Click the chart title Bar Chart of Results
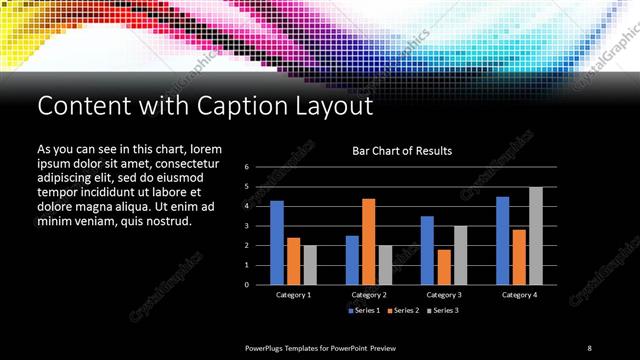click(x=402, y=151)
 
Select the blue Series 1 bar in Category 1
click(x=277, y=243)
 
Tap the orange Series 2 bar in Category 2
click(x=369, y=242)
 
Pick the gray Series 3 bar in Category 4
click(x=536, y=236)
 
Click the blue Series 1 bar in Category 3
click(x=427, y=251)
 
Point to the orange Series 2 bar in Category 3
click(x=444, y=267)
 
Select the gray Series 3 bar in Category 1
click(x=310, y=265)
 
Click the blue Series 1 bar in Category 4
click(x=503, y=241)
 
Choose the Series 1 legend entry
click(x=364, y=311)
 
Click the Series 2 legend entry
click(x=403, y=311)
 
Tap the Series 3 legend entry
click(x=442, y=311)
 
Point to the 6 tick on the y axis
click(x=246, y=167)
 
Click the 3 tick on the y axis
click(x=246, y=226)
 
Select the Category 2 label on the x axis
click(x=369, y=295)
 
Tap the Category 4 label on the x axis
click(x=519, y=295)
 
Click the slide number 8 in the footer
click(x=589, y=348)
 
